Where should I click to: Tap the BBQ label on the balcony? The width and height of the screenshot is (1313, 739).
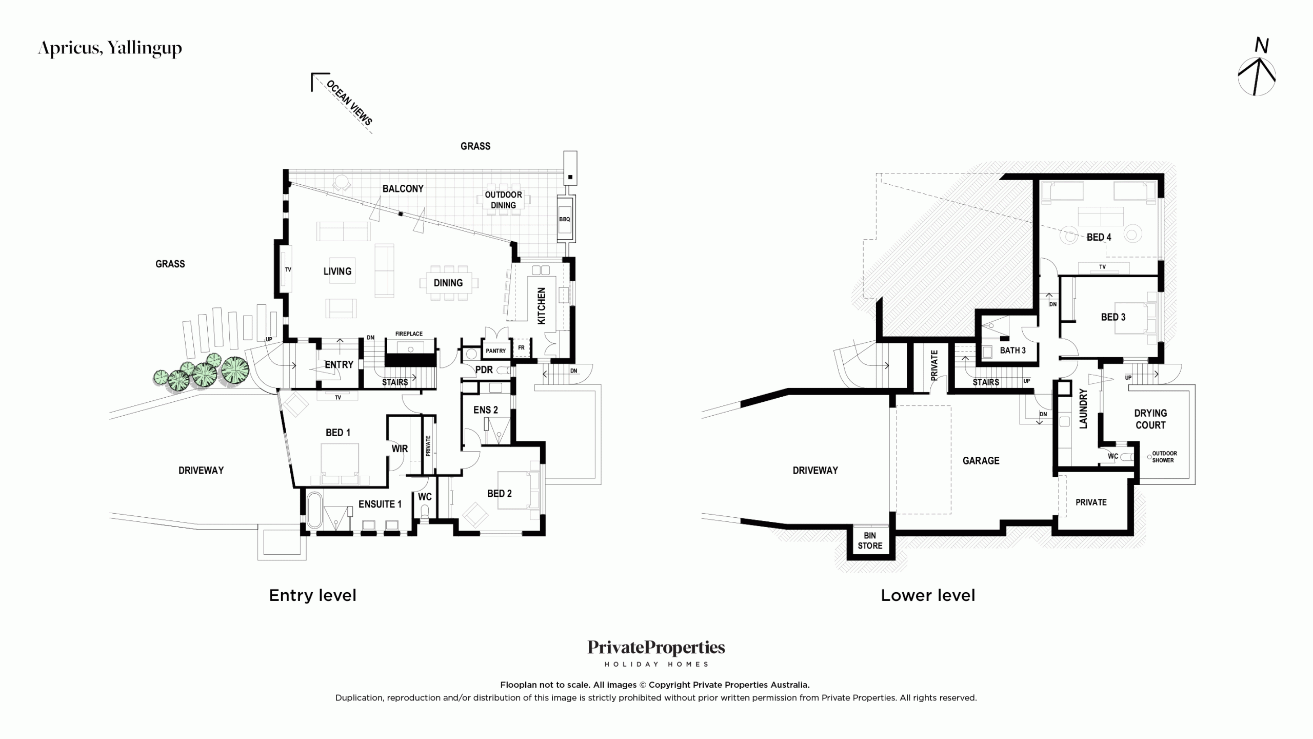[x=564, y=219]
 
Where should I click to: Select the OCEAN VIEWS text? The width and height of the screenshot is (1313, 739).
[x=349, y=103]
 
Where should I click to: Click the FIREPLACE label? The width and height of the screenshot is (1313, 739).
[x=409, y=334]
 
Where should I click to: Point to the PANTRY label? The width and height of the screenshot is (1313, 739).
[x=495, y=351]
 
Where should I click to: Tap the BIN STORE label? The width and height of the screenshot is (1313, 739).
[x=870, y=540]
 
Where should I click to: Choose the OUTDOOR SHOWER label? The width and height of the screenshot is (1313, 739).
[x=1164, y=457]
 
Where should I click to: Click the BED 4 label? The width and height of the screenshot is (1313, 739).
[x=1099, y=237]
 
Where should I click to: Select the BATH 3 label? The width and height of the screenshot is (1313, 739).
[x=1012, y=351]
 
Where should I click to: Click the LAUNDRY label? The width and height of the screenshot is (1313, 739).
[x=1083, y=409]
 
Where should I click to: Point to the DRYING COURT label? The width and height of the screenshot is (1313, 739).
[x=1150, y=419]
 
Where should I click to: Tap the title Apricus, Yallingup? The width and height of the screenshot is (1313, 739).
[x=110, y=48]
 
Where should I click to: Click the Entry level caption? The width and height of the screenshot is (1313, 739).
[x=312, y=595]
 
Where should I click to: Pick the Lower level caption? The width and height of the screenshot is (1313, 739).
[x=928, y=595]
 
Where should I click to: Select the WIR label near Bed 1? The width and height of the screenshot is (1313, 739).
[x=400, y=449]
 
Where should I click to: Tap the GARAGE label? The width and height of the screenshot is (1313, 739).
[x=981, y=461]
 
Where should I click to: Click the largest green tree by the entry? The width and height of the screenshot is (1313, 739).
[x=235, y=370]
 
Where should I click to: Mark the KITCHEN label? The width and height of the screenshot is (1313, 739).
[x=542, y=306]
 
